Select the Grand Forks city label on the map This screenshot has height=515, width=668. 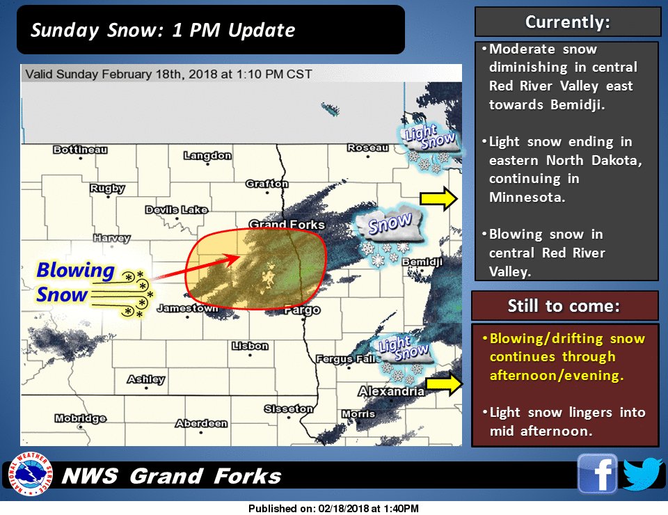[x=287, y=225]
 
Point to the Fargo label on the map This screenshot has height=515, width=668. [x=302, y=310]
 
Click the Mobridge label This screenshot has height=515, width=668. [x=80, y=418]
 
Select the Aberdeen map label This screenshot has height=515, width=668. [x=201, y=423]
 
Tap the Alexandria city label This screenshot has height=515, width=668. [x=391, y=392]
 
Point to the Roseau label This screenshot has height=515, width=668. [x=368, y=148]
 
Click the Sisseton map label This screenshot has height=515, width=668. [x=289, y=409]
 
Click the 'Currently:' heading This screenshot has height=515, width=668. [x=567, y=22]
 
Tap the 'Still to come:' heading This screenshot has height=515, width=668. [x=564, y=306]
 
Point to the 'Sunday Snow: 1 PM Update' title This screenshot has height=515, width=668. [x=163, y=31]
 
